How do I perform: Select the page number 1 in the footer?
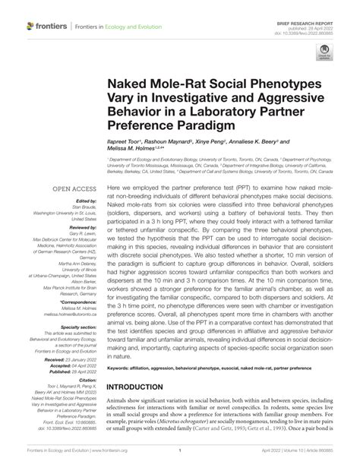click(179, 450)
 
